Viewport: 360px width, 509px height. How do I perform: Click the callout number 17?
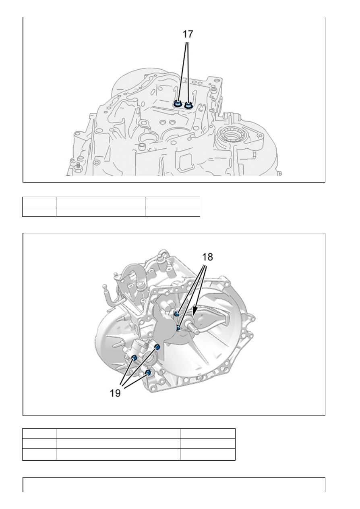(x=188, y=34)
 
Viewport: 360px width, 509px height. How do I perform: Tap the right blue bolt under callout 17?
(x=188, y=105)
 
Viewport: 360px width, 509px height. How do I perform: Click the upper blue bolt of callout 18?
(x=176, y=314)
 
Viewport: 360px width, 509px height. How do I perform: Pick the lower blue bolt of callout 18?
(x=178, y=328)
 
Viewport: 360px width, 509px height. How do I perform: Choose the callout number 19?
(x=116, y=393)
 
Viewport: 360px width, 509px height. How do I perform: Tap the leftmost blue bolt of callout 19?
(x=134, y=357)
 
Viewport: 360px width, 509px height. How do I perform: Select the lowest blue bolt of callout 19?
(x=148, y=372)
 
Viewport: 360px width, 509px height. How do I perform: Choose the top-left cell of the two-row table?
(x=39, y=202)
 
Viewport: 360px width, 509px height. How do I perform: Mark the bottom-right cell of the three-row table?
(x=207, y=455)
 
